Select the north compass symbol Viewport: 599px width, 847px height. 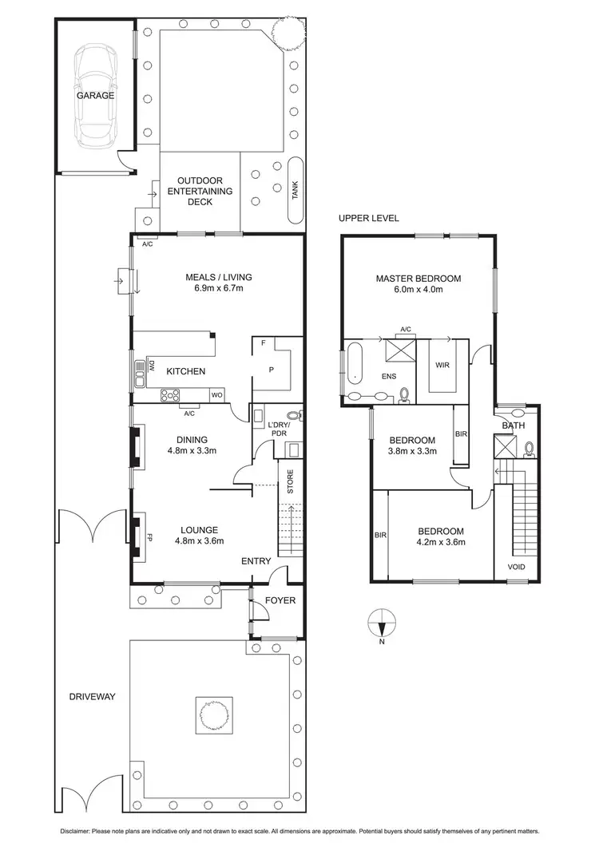(383, 622)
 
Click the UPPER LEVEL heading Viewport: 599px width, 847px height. (368, 218)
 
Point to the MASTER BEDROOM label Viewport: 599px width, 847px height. (419, 279)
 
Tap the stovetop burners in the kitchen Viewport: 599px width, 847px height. (172, 394)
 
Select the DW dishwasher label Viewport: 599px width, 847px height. (150, 366)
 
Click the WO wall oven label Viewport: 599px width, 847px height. (216, 394)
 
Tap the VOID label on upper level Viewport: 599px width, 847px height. (517, 568)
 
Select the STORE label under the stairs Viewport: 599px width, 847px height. (290, 482)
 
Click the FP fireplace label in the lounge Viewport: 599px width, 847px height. (148, 536)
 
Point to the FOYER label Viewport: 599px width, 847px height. (280, 600)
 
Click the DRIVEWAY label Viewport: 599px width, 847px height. (92, 696)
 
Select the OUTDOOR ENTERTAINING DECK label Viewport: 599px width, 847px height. (200, 192)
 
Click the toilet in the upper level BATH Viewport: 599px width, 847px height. (530, 449)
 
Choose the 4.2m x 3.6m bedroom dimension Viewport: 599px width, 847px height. (440, 542)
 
